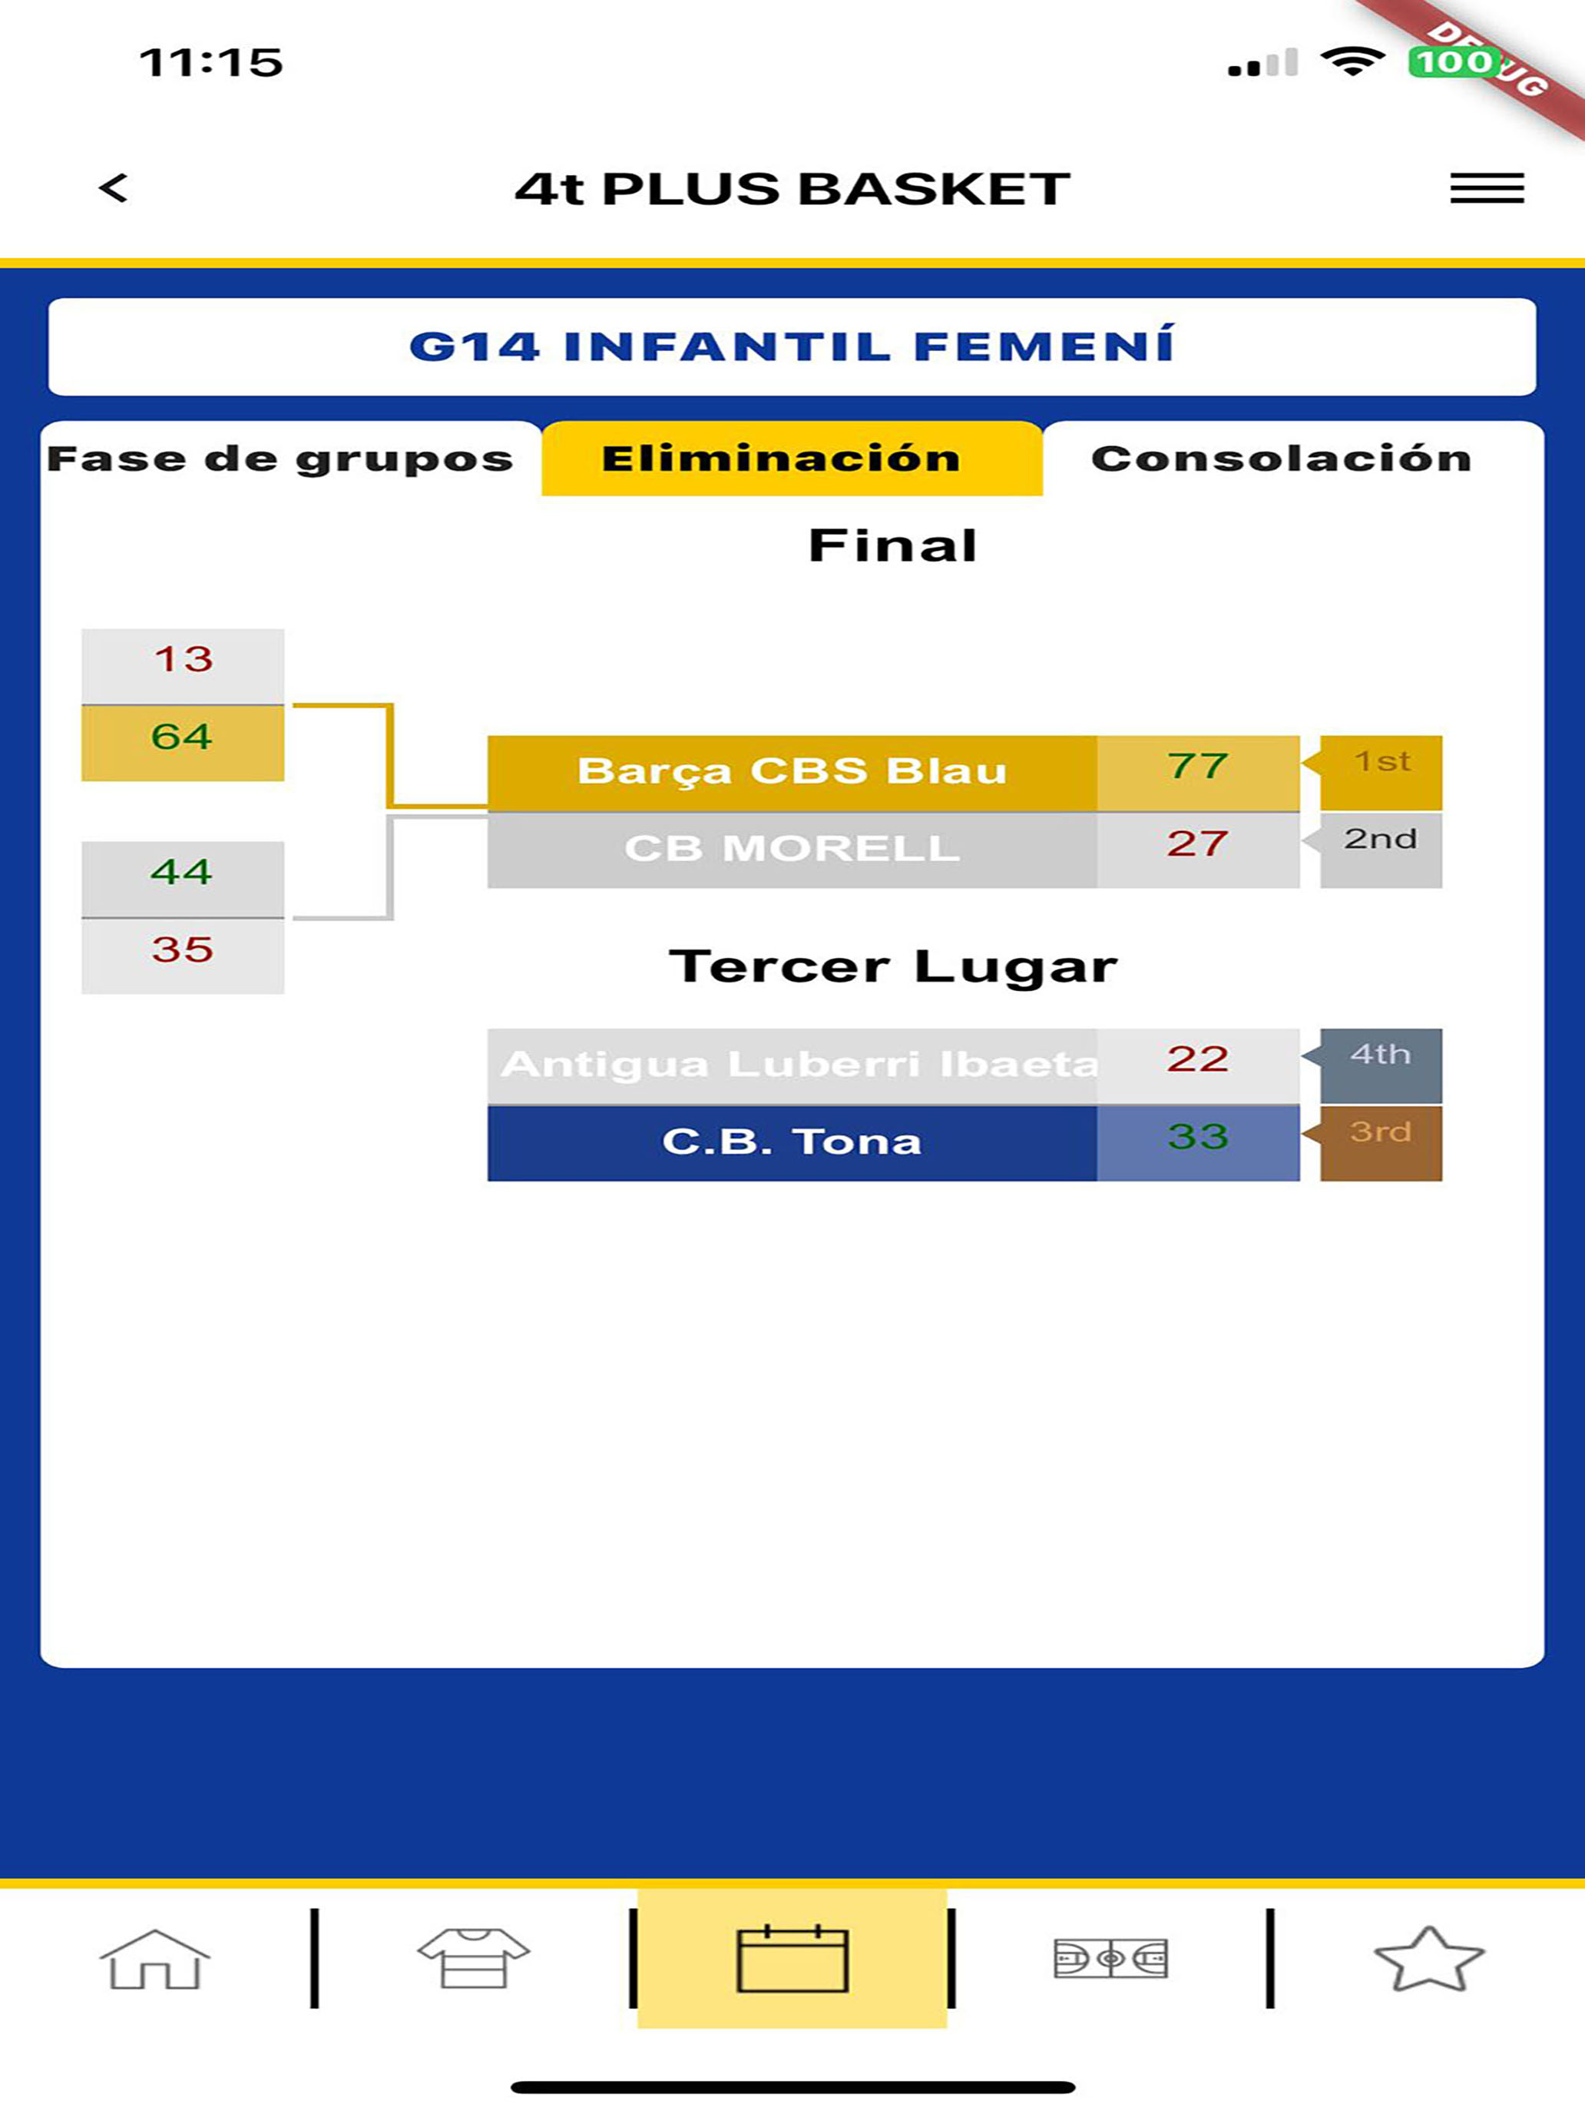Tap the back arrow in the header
click(x=114, y=187)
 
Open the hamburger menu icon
click(x=1487, y=187)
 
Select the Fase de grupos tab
click(x=280, y=459)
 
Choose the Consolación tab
click(x=1281, y=459)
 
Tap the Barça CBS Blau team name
click(x=792, y=771)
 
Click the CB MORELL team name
click(x=792, y=849)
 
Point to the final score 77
click(x=1198, y=767)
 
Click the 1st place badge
click(x=1381, y=772)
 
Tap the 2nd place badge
click(x=1381, y=850)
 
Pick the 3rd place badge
click(x=1381, y=1143)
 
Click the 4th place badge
click(x=1381, y=1065)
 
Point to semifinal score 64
click(x=181, y=737)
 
